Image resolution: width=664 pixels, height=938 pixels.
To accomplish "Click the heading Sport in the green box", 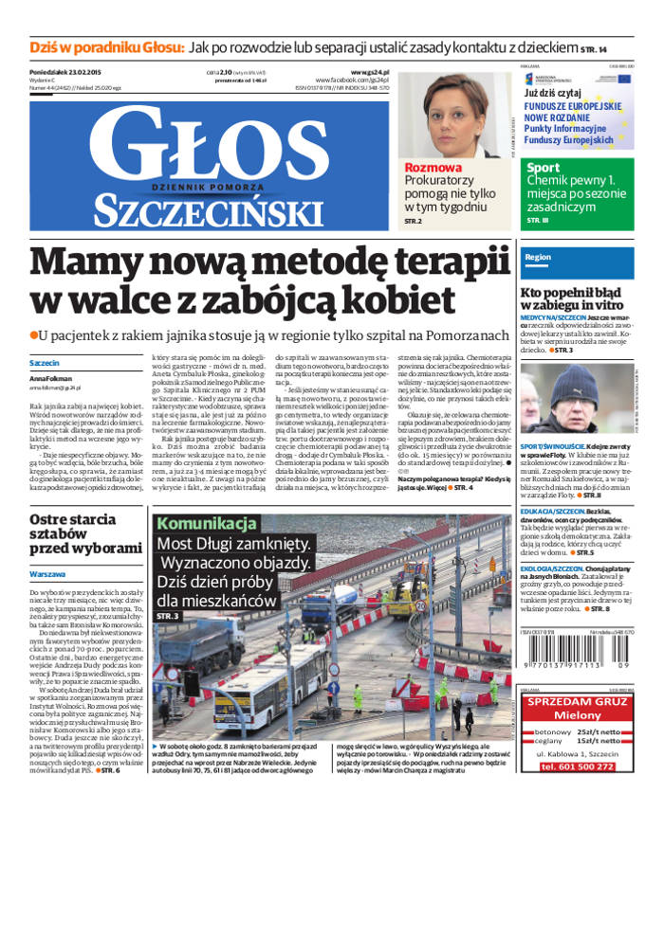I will point(544,168).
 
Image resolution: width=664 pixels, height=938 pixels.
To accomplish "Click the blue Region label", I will point(538,257).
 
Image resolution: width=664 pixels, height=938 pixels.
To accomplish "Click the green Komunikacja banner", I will point(207,524).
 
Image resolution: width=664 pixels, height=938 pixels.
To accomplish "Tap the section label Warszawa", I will point(47,574).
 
